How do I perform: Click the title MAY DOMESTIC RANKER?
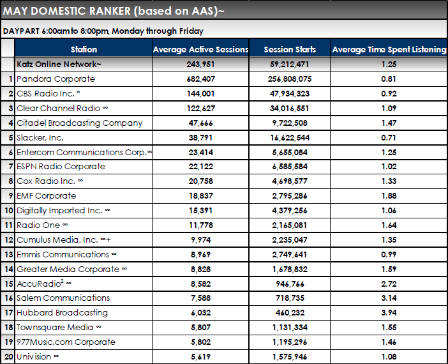coord(114,10)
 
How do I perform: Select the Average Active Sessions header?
coord(200,49)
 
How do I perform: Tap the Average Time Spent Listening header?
coord(389,49)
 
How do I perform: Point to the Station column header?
coord(84,49)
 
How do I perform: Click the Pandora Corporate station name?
coord(56,79)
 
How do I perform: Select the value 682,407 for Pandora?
coord(200,79)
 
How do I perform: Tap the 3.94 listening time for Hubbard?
coord(389,313)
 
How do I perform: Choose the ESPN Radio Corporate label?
coord(61,167)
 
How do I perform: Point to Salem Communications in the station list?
coord(63,298)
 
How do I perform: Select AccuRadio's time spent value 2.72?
coord(389,284)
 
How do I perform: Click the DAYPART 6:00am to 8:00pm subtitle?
coord(103,31)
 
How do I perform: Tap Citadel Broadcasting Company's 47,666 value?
coord(200,123)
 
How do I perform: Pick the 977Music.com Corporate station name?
coord(66,342)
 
